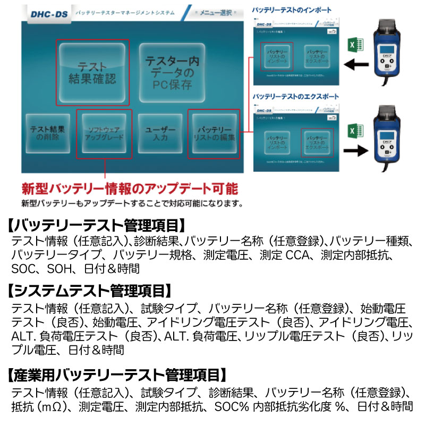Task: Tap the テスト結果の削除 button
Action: coord(48,133)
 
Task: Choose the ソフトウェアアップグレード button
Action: coord(105,133)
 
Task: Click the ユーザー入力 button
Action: coord(160,133)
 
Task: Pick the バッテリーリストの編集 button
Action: coord(214,133)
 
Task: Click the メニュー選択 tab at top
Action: coord(216,12)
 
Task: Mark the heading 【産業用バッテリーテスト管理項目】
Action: coord(117,375)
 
